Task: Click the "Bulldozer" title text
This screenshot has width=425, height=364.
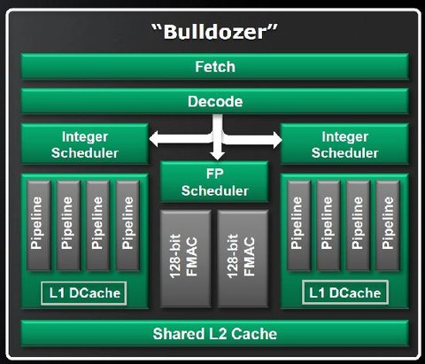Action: [214, 32]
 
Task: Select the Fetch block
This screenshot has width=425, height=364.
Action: [215, 66]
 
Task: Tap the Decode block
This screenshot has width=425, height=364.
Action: [215, 101]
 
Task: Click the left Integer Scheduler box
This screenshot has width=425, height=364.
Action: [85, 144]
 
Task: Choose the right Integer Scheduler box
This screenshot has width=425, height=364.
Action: [344, 144]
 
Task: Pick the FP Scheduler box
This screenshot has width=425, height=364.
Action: [214, 182]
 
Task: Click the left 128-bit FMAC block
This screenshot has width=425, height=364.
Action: [185, 259]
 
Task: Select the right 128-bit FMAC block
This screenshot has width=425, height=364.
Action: [243, 259]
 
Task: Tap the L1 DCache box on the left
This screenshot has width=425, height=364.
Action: [84, 293]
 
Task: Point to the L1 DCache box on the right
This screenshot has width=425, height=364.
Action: [345, 292]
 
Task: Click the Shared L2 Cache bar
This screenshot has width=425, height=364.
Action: [215, 334]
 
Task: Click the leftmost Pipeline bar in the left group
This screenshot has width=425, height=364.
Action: [39, 226]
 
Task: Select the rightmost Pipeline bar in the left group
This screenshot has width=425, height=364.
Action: [127, 226]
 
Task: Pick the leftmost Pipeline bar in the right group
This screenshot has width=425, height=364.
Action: [298, 226]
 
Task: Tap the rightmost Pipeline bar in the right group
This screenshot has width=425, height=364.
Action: [388, 226]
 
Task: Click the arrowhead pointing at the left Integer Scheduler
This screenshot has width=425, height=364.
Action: [154, 139]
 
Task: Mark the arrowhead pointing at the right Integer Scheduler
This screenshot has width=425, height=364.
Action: [277, 140]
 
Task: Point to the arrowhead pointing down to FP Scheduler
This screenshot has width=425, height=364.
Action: [218, 156]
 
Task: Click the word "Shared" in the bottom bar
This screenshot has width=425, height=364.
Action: [179, 334]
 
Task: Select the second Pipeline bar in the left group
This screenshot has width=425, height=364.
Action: [68, 226]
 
